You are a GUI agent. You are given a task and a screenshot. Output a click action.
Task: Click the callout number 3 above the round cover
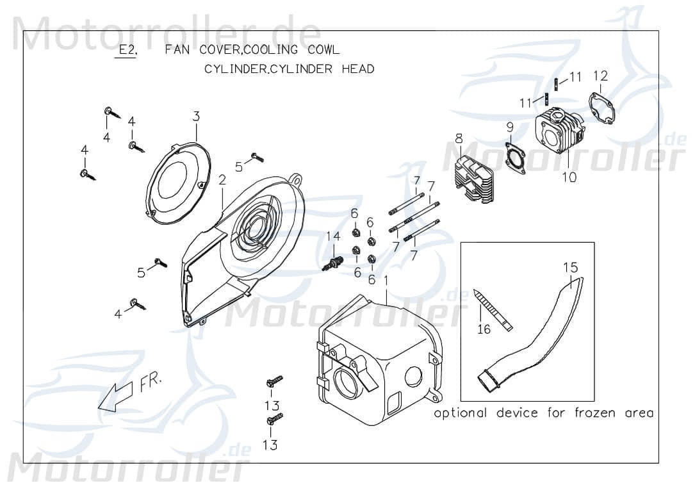click(197, 116)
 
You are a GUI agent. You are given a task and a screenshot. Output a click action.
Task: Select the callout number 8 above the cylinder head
click(459, 138)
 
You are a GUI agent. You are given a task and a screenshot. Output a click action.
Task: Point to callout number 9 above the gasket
click(510, 126)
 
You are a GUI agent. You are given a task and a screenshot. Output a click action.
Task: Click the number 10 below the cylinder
click(569, 177)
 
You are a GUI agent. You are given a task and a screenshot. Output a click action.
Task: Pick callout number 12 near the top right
click(600, 76)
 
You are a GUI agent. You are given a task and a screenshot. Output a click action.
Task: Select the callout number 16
click(484, 329)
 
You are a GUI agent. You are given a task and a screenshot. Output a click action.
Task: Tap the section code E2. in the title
click(126, 50)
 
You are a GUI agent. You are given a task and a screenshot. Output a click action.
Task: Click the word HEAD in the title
click(357, 69)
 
